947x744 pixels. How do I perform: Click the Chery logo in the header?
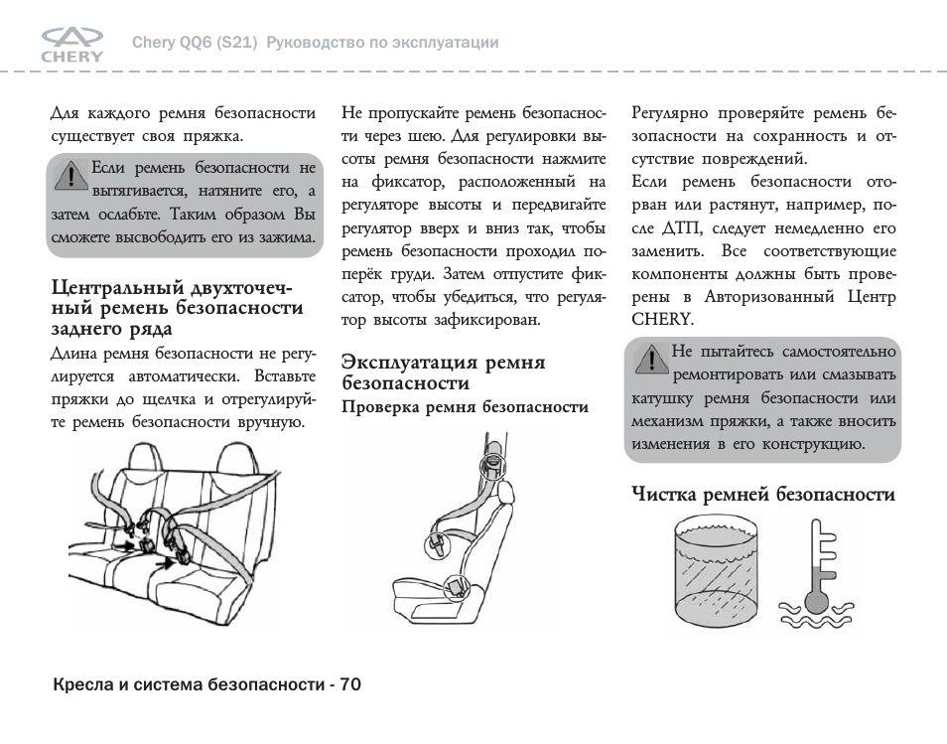pos(71,44)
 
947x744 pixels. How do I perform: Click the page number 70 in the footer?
pos(349,684)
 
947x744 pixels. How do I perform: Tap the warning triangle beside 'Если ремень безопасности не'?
pos(69,176)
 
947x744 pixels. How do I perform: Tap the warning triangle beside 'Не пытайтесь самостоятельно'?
pos(650,360)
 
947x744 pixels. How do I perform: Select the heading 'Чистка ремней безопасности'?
pos(763,494)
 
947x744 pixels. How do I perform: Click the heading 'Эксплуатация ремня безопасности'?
pos(443,372)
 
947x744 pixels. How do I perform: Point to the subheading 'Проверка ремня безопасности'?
pos(465,407)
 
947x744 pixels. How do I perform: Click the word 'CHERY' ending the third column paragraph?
pos(660,319)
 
